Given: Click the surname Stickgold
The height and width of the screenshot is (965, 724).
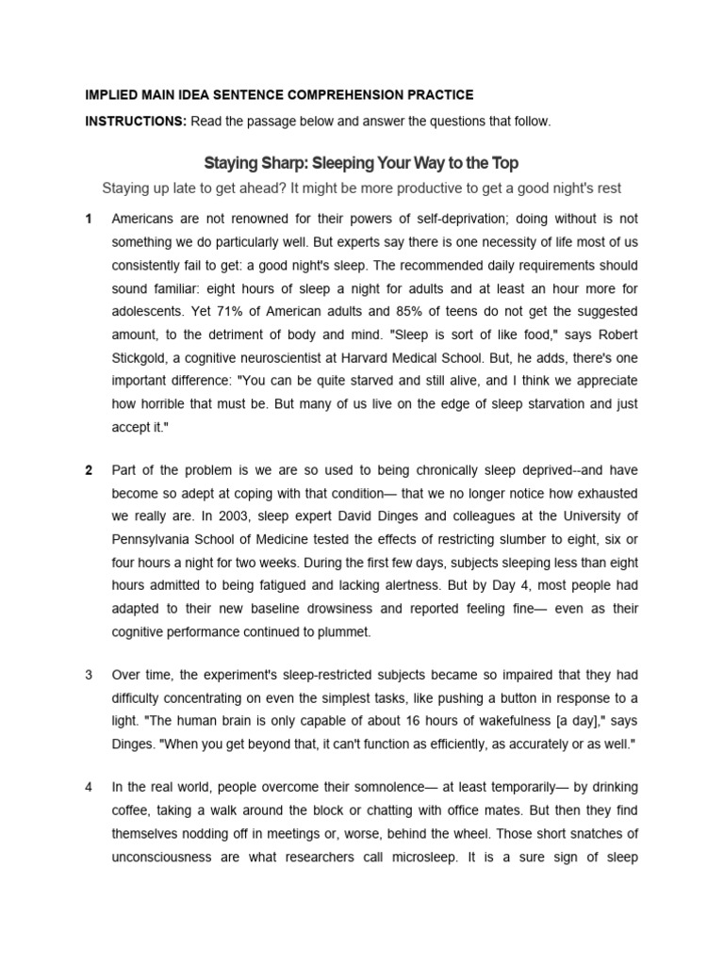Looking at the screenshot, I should tap(141, 357).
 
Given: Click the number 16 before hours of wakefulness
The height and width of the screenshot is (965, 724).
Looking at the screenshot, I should tap(379, 721).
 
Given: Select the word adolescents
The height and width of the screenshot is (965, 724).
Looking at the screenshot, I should tap(153, 310).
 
